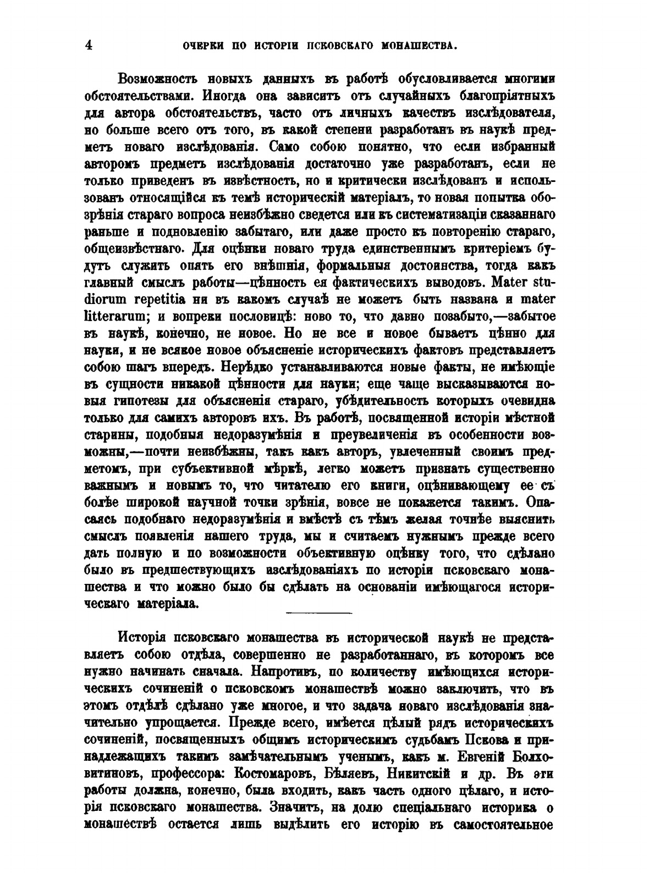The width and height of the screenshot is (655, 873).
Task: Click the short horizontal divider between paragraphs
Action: pos(319,612)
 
